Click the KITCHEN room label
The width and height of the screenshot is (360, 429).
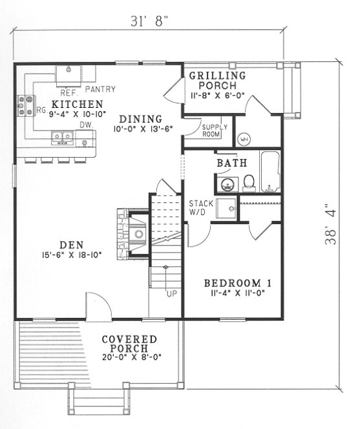[77, 104]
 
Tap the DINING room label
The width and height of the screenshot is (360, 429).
[139, 118]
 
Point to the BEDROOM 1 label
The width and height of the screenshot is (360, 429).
[237, 283]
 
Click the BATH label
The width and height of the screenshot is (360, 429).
[231, 163]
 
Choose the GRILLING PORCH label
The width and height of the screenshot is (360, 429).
[217, 80]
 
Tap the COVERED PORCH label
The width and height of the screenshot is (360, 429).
[129, 340]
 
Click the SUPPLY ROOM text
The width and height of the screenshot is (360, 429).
[215, 131]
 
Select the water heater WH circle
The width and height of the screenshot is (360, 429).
[244, 138]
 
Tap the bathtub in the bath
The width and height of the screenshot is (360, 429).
[270, 171]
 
